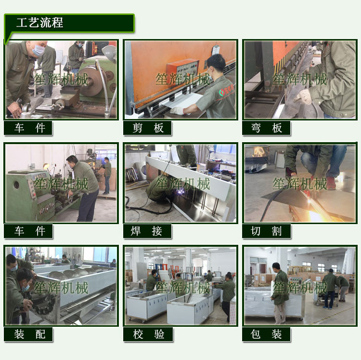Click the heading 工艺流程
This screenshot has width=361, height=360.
[39, 23]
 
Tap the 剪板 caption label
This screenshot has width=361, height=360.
[148, 128]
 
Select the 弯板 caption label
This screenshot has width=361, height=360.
[267, 128]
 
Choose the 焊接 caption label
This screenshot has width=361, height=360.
[148, 231]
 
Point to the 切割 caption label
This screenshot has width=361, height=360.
[267, 231]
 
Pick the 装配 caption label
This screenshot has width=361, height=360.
[28, 334]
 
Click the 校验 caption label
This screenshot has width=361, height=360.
[148, 334]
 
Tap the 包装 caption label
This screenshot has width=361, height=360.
[267, 334]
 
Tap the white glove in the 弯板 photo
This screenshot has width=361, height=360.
[303, 97]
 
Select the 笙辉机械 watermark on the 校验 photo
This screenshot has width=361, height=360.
[183, 288]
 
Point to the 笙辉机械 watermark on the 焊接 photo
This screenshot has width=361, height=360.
[183, 184]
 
